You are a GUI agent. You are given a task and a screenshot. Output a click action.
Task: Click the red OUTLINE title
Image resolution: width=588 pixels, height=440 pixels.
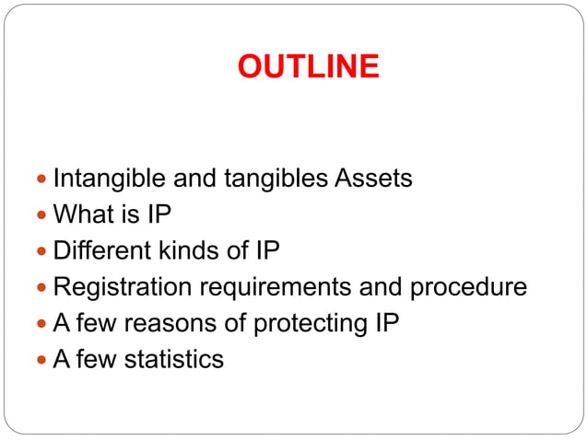point(308,67)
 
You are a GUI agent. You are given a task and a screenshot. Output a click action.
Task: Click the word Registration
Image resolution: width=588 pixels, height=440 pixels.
point(122,286)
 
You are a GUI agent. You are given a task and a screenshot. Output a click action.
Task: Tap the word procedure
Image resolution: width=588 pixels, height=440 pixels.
point(468,288)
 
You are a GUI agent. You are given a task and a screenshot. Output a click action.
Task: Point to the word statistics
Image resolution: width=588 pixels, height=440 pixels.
point(174,359)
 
